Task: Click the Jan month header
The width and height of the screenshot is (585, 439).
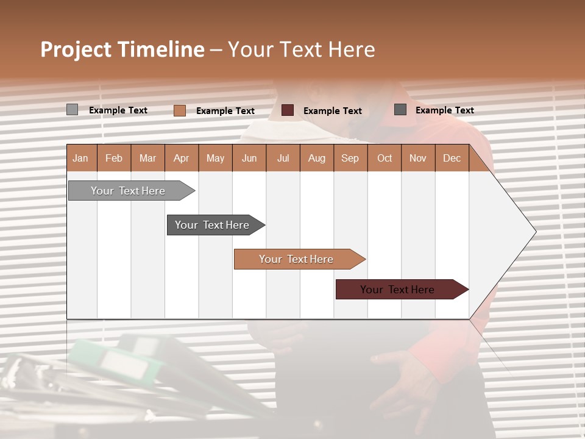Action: click(80, 159)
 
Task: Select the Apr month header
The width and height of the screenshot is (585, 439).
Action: click(181, 159)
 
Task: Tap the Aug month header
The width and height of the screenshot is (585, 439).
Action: click(316, 159)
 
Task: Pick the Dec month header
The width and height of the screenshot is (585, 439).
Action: click(452, 159)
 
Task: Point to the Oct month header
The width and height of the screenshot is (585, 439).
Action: click(384, 159)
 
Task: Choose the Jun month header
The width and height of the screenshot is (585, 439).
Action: click(249, 159)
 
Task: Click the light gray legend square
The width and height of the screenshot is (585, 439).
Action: click(72, 110)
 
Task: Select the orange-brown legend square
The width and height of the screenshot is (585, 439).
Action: click(179, 110)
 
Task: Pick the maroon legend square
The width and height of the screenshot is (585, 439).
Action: click(288, 110)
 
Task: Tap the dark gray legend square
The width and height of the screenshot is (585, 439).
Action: click(400, 110)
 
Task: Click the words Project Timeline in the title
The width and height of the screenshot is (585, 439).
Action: click(122, 49)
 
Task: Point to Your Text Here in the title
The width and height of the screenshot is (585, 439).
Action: click(301, 49)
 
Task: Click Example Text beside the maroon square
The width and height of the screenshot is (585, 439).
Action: click(332, 111)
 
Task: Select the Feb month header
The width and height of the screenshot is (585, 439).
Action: click(114, 159)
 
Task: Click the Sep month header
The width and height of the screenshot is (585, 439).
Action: click(350, 159)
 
